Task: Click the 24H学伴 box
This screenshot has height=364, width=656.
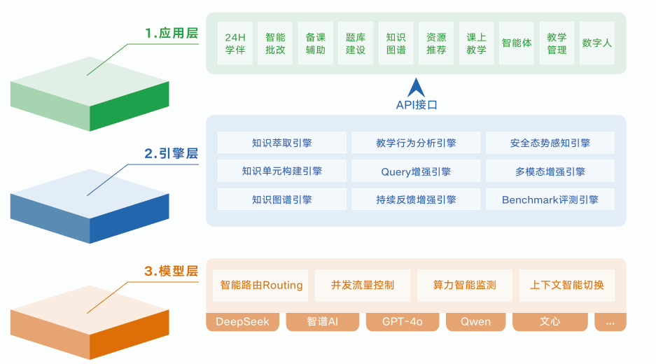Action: (x=235, y=43)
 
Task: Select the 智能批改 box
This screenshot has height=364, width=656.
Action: (x=275, y=43)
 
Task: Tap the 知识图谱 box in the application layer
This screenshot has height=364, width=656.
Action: (x=396, y=43)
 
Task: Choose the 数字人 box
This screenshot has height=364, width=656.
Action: (x=597, y=43)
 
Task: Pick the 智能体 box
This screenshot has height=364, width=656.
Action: (x=517, y=43)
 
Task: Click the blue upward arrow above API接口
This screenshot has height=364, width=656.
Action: (x=417, y=87)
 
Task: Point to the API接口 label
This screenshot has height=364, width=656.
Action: (x=417, y=105)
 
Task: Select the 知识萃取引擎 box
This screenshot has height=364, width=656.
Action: (x=282, y=143)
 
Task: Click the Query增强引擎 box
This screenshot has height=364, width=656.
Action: (x=416, y=171)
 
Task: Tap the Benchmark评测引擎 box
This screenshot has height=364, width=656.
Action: (x=550, y=199)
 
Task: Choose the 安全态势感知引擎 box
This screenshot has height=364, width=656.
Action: (x=550, y=143)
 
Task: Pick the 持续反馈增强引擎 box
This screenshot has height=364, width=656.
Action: (x=416, y=199)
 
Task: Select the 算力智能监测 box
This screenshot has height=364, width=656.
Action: (x=464, y=286)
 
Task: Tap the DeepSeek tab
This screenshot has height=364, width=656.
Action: (x=242, y=322)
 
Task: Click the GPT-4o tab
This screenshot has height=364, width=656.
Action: (x=402, y=322)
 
